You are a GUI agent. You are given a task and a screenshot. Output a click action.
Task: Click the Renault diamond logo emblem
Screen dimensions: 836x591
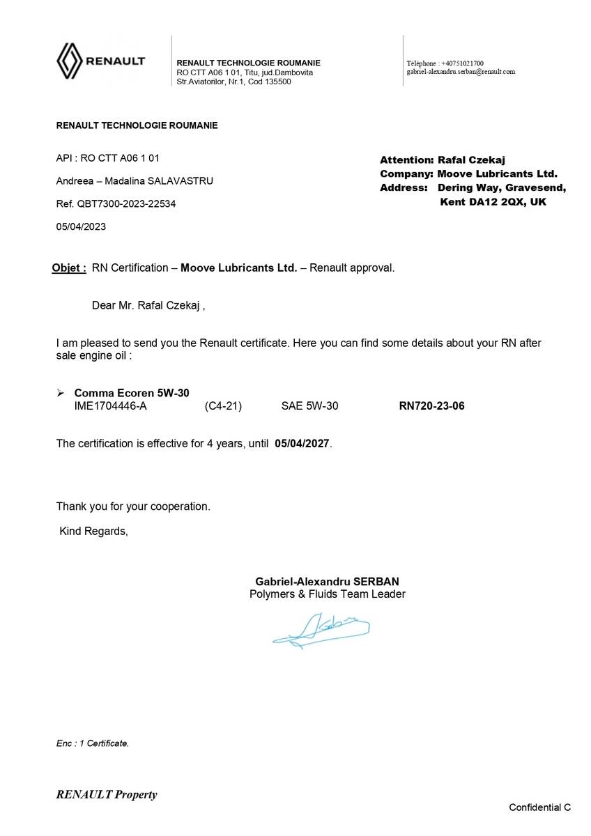point(69,61)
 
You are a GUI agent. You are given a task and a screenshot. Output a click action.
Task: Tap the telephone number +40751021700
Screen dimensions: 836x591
point(462,63)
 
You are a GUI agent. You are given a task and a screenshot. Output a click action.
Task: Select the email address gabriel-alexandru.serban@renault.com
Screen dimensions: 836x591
point(461,72)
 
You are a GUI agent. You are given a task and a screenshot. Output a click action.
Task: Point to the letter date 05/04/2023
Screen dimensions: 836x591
point(81,226)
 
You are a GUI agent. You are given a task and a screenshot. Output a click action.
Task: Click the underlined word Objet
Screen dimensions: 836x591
point(68,268)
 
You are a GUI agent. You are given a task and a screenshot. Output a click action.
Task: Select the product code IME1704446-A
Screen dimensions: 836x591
point(110,406)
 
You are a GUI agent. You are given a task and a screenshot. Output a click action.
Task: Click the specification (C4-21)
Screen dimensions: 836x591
point(223,406)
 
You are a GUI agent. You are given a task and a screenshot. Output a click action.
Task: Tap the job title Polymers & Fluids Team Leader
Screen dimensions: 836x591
point(327,594)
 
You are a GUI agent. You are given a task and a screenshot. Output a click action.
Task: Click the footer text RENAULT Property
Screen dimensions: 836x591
point(107,794)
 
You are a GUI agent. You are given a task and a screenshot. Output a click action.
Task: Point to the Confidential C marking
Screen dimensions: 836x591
point(539,807)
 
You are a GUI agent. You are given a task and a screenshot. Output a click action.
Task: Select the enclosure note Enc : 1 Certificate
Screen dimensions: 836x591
point(93,743)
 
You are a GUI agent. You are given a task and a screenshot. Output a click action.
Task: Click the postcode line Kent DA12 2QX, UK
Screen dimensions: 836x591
point(493,201)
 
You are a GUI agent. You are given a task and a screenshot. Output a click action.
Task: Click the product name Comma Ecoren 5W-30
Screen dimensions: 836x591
point(132,394)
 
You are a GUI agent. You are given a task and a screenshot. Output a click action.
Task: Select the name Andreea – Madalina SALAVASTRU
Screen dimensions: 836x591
point(135,181)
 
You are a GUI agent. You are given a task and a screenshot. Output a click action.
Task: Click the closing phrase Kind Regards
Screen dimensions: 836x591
point(93,531)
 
